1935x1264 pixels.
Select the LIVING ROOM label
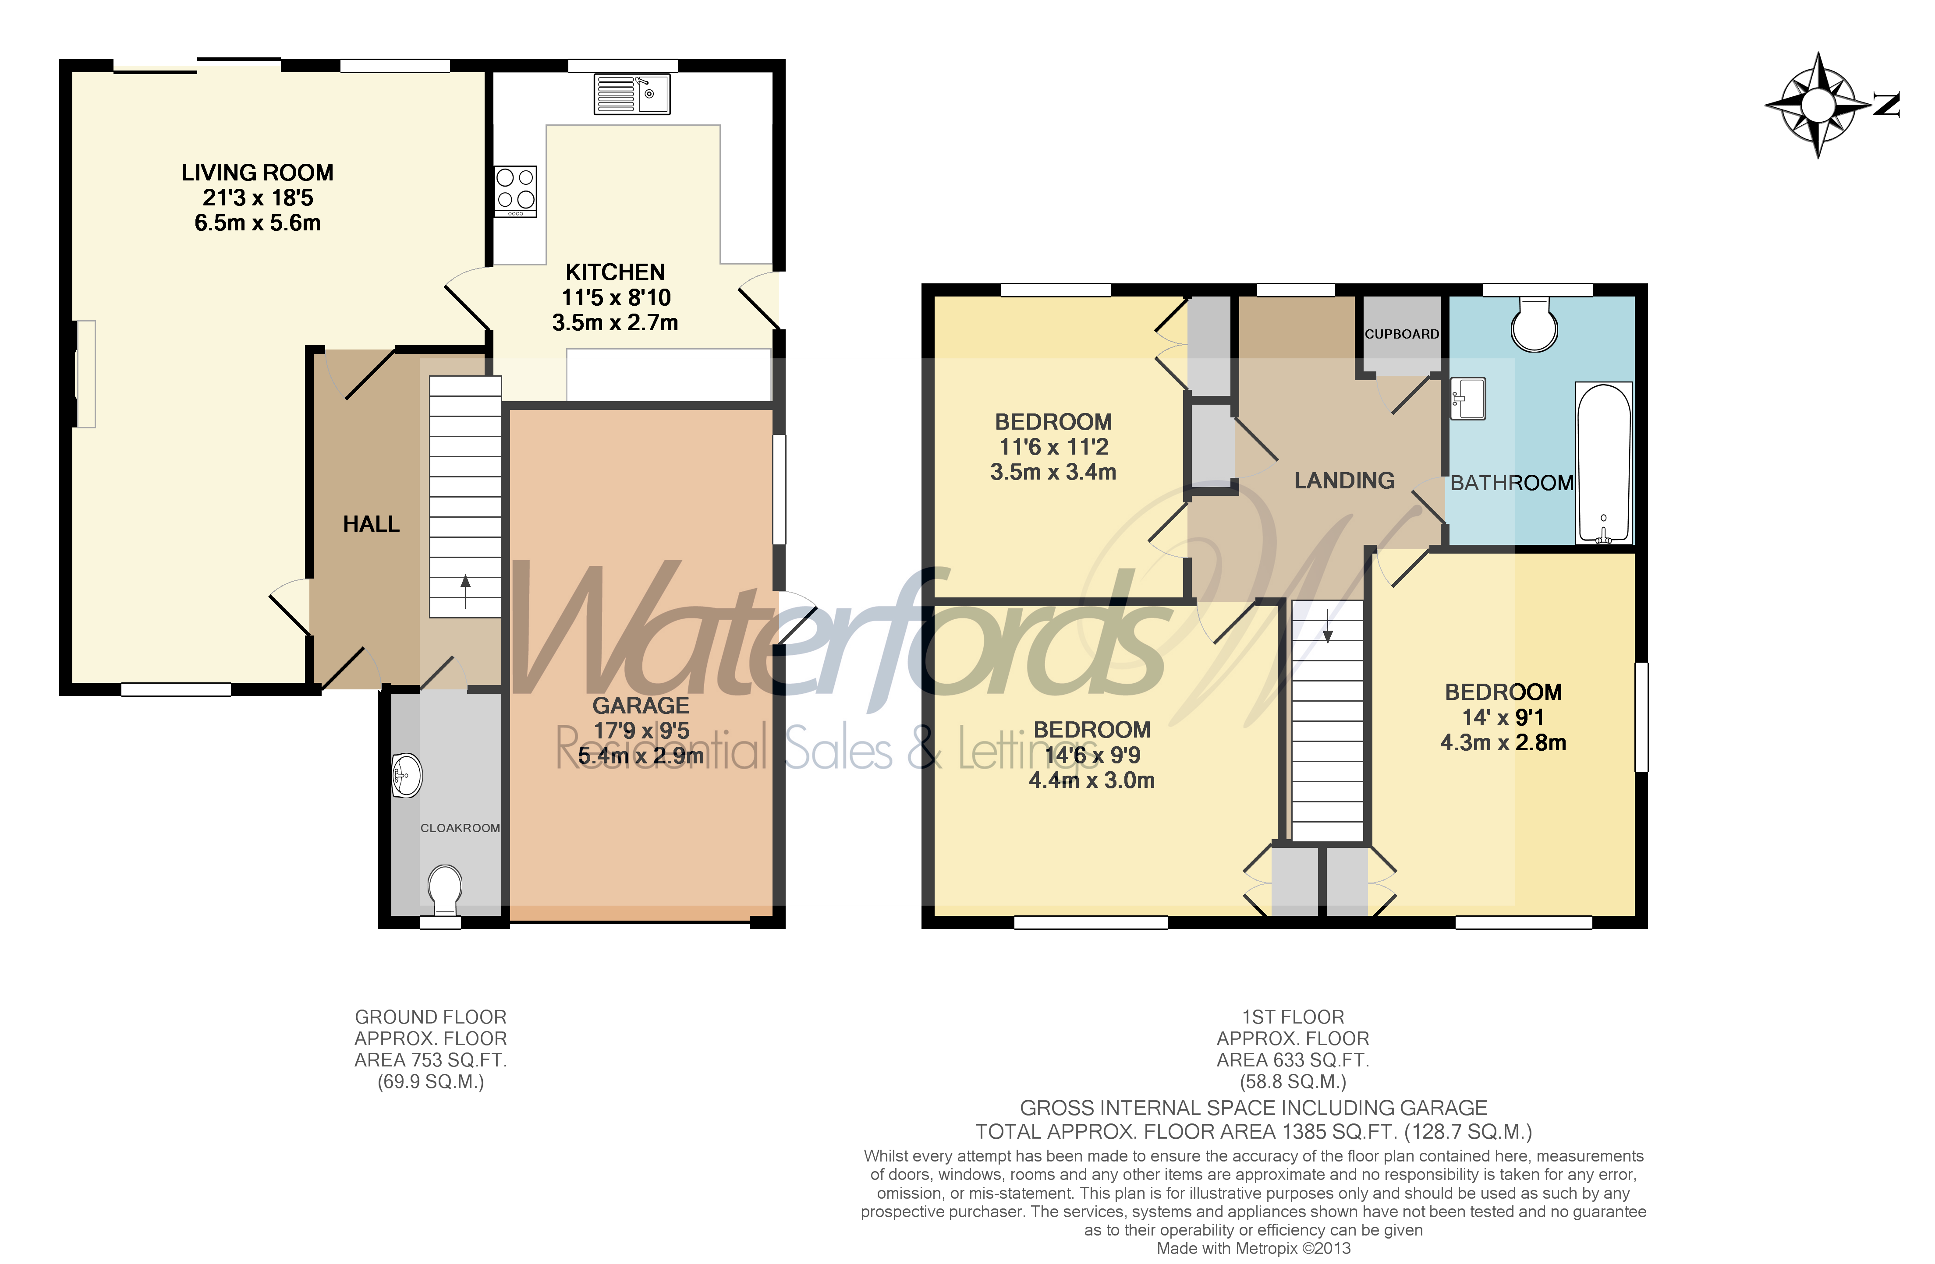tap(257, 172)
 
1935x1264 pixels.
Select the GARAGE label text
tap(641, 706)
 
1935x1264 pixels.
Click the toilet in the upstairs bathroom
tap(1534, 325)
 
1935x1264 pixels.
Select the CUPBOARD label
tap(1401, 334)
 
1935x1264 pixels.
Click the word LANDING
tap(1344, 480)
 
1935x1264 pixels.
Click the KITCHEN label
tap(615, 272)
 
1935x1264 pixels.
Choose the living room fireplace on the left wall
tap(85, 374)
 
